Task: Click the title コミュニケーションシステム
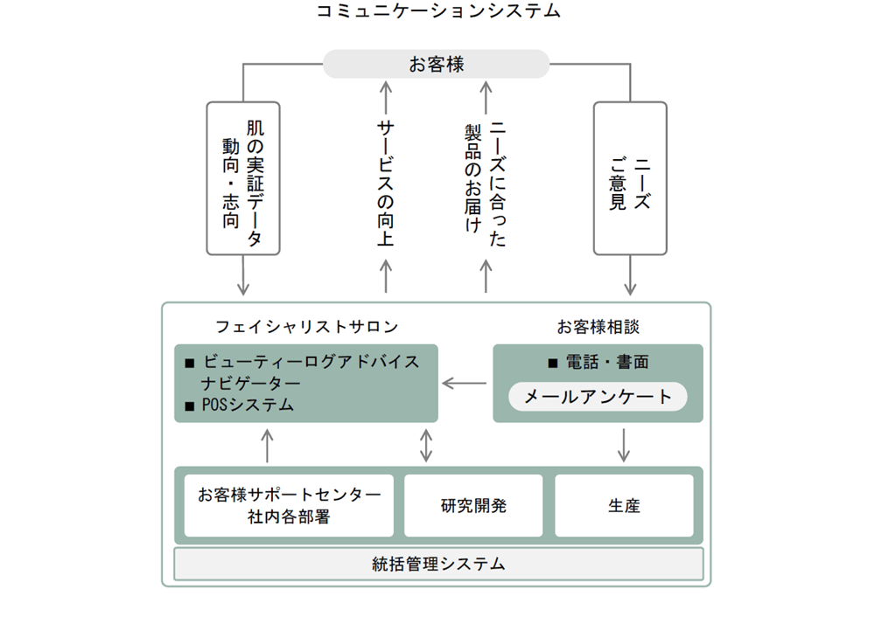[x=438, y=10]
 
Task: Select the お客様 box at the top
[x=437, y=64]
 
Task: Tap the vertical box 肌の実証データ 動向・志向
[x=243, y=178]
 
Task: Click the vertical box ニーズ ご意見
[x=630, y=178]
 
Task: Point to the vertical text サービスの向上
[x=386, y=184]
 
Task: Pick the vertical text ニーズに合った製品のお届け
[x=486, y=184]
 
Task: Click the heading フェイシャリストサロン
[x=306, y=327]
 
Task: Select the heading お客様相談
[x=598, y=327]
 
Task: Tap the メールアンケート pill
[x=598, y=397]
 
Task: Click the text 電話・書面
[x=607, y=363]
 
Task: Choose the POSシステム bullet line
[x=240, y=405]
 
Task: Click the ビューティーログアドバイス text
[x=311, y=362]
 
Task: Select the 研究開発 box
[x=473, y=505]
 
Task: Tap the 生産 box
[x=624, y=505]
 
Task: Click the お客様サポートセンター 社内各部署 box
[x=289, y=505]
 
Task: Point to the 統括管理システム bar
[x=438, y=564]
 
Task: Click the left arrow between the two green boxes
[x=465, y=384]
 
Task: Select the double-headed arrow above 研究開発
[x=426, y=446]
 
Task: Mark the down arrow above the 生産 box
[x=624, y=446]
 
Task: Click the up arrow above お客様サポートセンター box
[x=267, y=446]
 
